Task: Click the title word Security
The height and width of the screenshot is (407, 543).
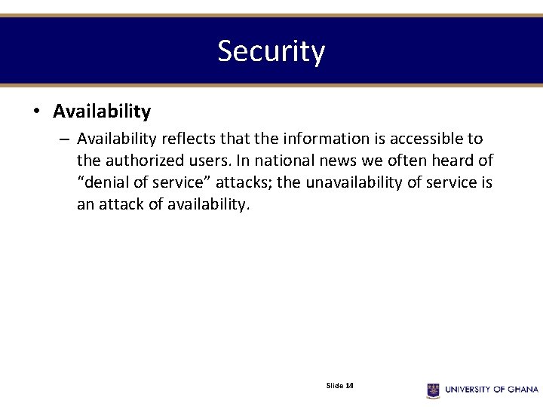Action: (271, 51)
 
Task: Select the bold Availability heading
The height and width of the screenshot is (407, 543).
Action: (102, 112)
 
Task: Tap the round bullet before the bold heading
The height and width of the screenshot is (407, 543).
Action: (35, 112)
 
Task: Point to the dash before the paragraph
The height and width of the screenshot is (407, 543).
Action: (63, 139)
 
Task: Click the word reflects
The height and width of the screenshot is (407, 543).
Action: (187, 139)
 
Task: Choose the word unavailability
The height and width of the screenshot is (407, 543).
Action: (359, 182)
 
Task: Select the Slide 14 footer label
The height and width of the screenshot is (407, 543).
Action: (339, 386)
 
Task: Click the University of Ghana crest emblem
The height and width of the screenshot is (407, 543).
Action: (433, 390)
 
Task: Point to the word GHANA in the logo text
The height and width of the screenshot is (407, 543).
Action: (522, 390)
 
